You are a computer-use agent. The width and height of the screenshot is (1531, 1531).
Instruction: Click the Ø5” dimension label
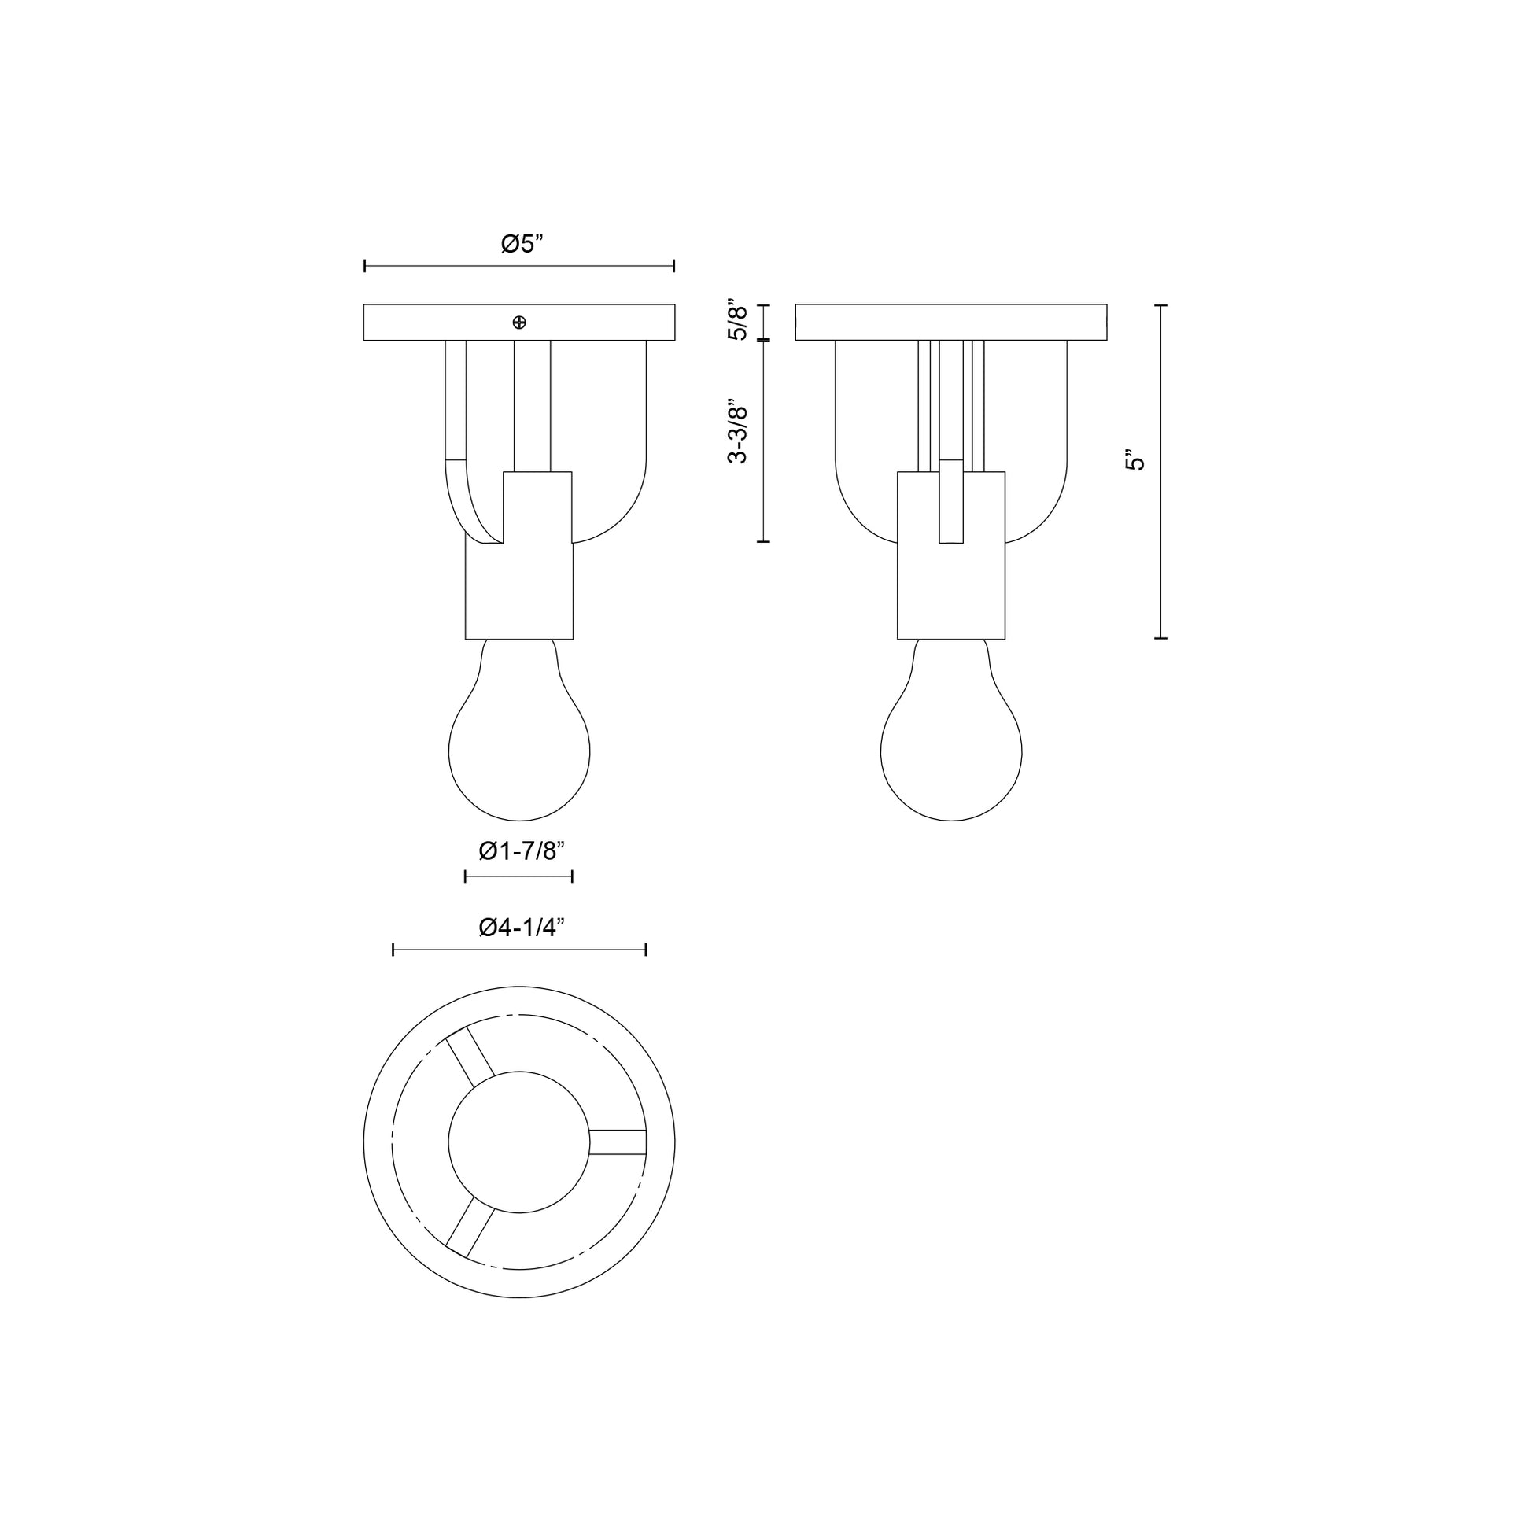tap(522, 243)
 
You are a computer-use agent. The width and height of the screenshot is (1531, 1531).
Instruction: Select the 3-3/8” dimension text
tap(738, 431)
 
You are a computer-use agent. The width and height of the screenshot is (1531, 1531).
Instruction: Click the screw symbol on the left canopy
tap(520, 323)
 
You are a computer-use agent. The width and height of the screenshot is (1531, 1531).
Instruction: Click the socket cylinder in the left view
tap(519, 590)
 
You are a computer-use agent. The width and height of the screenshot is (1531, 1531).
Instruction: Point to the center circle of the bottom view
tap(519, 1142)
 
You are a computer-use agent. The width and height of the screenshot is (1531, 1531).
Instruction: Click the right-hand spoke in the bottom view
tap(618, 1142)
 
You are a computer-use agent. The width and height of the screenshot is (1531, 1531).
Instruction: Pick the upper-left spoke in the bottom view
tap(470, 1057)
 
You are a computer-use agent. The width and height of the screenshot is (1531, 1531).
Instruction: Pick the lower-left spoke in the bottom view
tap(470, 1227)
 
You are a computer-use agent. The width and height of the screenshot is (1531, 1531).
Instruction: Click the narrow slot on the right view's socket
tap(951, 501)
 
